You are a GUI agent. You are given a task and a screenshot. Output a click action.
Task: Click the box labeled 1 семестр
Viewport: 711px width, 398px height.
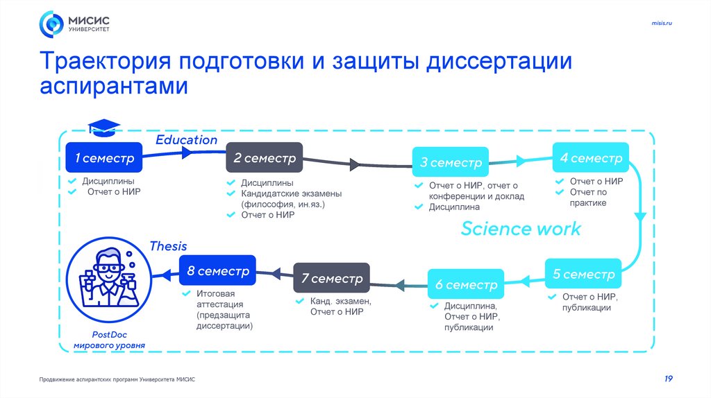(x=103, y=159)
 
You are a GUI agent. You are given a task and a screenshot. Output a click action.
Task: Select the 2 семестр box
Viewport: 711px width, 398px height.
(x=264, y=159)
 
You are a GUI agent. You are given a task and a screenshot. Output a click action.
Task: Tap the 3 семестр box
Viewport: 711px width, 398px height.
(x=450, y=164)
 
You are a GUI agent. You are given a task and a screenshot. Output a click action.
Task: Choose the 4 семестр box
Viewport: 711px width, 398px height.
(x=591, y=159)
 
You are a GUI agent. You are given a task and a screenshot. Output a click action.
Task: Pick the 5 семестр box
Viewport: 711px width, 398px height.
(x=583, y=275)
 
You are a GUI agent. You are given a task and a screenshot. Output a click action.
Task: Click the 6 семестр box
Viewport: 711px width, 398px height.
(x=466, y=285)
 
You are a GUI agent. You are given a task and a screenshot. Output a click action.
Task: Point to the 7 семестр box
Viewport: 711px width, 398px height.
(x=332, y=279)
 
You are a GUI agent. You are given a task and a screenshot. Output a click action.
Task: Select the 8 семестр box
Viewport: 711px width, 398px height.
(x=217, y=272)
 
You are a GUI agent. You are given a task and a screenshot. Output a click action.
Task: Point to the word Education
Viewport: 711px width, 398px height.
(x=186, y=140)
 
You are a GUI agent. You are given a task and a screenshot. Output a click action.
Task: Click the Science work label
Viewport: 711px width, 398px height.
(x=521, y=229)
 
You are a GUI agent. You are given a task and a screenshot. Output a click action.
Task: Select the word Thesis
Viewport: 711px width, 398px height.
(x=168, y=246)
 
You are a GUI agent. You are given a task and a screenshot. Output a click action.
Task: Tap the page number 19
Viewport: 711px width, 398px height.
(x=668, y=379)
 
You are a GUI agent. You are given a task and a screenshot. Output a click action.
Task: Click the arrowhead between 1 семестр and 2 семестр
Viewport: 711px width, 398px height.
(x=186, y=155)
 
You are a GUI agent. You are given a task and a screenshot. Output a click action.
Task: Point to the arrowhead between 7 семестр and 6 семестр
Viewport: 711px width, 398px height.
(x=400, y=284)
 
